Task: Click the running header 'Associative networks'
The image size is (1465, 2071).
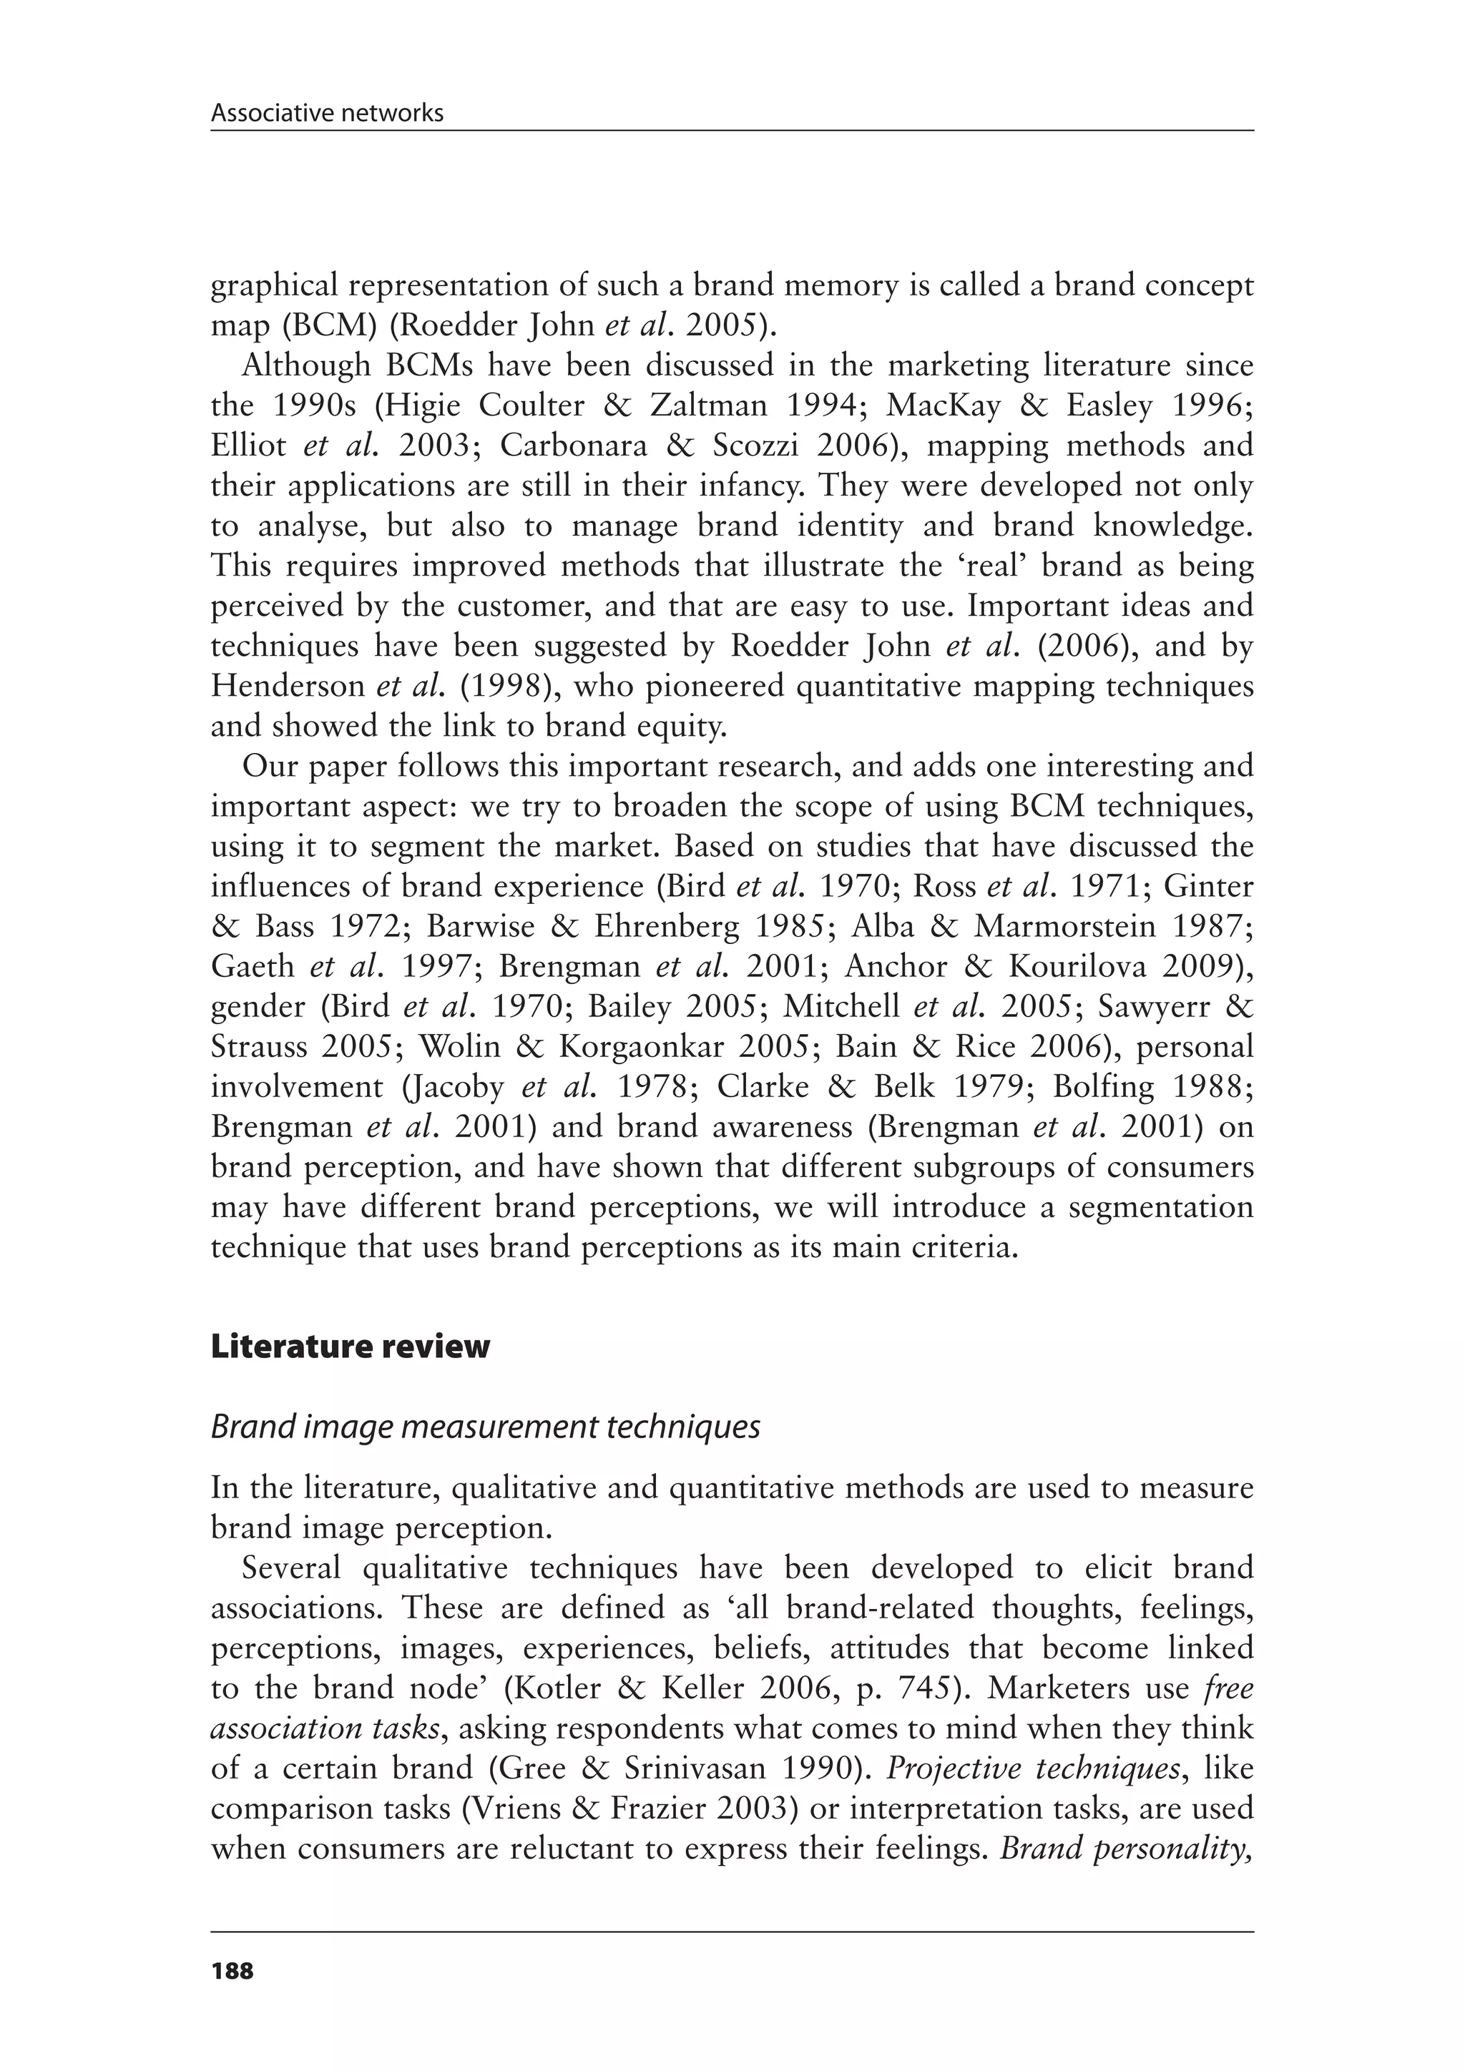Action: pyautogui.click(x=327, y=113)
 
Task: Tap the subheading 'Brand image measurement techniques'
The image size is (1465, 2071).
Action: pyautogui.click(x=484, y=1427)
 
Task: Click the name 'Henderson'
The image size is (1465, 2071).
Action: pyautogui.click(x=287, y=687)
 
